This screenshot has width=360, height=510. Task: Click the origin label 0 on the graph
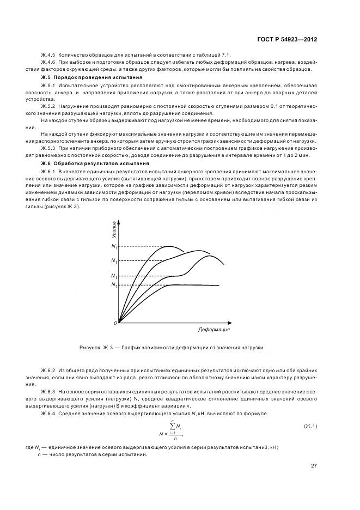[x=115, y=324]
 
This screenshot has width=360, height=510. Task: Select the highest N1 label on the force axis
[x=114, y=247]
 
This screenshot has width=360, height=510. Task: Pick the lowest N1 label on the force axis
[x=114, y=285]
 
